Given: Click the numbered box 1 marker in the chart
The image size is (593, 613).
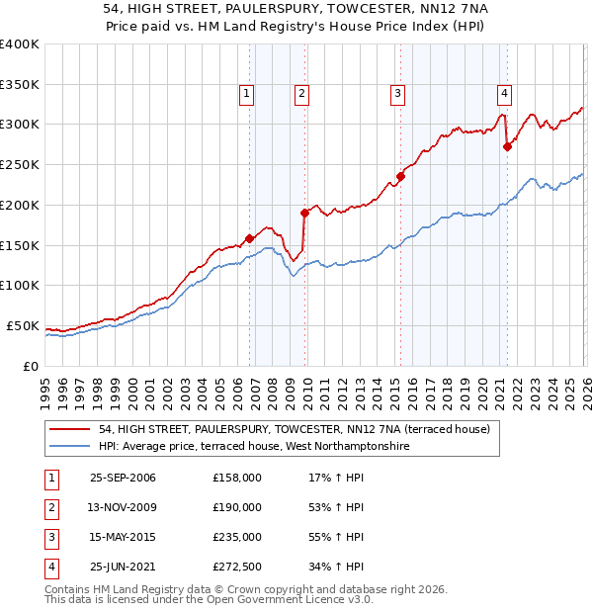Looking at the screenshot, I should pos(246,94).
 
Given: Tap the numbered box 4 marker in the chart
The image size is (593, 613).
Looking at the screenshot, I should pos(504,94).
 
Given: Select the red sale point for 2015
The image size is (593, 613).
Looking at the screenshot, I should pos(400,177).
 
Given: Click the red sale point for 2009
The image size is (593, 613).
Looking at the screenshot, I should pos(304,213).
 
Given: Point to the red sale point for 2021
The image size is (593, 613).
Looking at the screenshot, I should pos(507,146).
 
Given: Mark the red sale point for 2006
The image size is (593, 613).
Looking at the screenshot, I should pos(249,238).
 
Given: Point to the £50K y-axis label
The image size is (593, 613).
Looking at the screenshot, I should pos(23,325).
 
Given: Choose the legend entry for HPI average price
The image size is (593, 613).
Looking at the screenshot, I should pos(254,447).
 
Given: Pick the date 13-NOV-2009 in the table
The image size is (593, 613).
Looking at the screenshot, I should pos(123,507).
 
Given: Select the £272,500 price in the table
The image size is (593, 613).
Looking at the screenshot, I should pos(237,567).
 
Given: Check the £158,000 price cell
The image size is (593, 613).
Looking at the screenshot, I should pos(237,478).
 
